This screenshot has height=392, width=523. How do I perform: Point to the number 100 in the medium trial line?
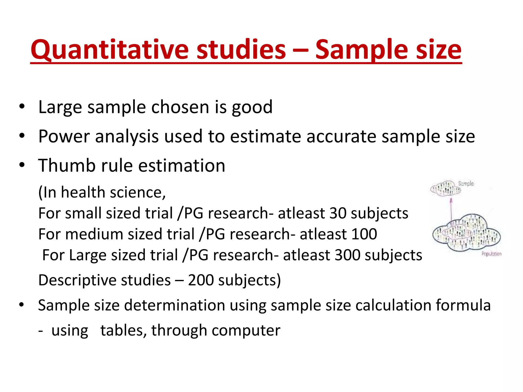pyautogui.click(x=364, y=234)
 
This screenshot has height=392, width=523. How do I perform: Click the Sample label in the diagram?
pyautogui.click(x=466, y=183)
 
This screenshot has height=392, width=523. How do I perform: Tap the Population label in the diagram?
pyautogui.click(x=491, y=254)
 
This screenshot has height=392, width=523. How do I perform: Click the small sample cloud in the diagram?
pyautogui.click(x=445, y=189)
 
